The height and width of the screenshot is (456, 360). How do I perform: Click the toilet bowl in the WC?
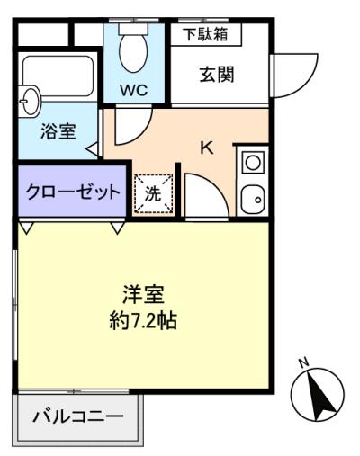pos(133,53)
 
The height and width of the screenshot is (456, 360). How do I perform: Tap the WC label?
pos(134,90)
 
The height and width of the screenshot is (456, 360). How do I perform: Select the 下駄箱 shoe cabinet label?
pos(206,34)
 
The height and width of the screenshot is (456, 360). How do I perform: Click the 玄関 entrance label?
pos(217,74)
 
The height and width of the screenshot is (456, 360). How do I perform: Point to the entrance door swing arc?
pos(306,84)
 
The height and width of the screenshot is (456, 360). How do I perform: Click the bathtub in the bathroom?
pos(58,76)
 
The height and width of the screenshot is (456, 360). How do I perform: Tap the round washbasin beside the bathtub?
pos(31,102)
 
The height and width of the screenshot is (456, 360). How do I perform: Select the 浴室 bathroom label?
pos(58,131)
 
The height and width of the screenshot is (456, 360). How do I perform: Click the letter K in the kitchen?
pos(207,148)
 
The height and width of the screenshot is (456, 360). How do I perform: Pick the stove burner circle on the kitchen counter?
pos(253,162)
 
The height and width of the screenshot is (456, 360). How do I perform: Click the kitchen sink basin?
pos(253,198)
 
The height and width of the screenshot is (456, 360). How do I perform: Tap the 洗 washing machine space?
pos(153,193)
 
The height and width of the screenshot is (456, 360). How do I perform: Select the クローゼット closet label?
pos(73,192)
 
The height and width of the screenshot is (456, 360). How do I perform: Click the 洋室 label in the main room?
pos(143,294)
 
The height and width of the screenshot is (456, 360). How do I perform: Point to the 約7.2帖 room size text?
pos(143,321)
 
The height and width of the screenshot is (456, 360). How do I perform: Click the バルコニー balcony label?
pos(78,416)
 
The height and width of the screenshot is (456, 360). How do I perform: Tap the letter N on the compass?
pos(304,362)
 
